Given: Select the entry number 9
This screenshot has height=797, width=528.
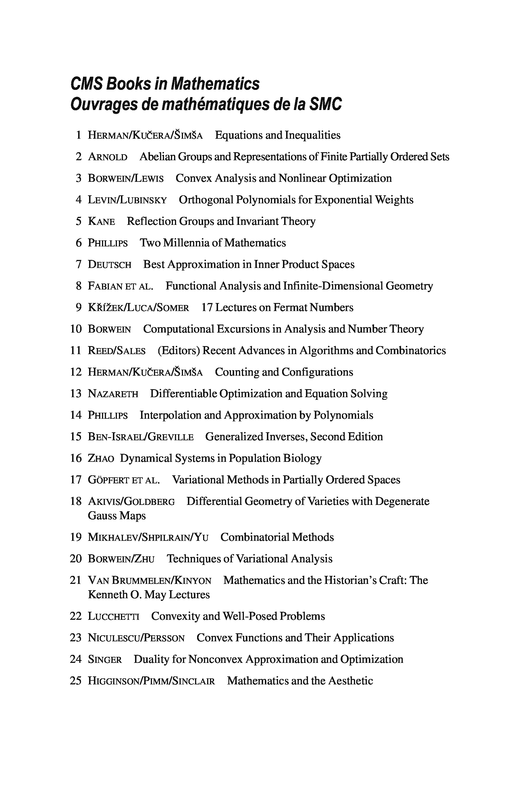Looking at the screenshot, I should (x=78, y=307).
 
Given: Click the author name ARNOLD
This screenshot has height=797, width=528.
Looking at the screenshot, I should (x=108, y=157).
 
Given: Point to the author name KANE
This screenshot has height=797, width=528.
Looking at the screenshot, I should (x=101, y=221).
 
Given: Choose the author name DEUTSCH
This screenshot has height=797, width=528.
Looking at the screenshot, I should (x=109, y=265).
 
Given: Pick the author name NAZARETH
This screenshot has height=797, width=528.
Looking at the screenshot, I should (x=113, y=393).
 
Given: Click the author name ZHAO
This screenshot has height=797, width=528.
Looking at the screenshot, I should (x=101, y=458).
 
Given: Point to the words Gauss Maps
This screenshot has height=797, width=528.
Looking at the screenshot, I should (x=117, y=516).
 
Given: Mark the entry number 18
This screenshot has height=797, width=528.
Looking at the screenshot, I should (x=76, y=501).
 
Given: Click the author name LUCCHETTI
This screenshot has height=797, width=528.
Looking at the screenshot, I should (x=113, y=616).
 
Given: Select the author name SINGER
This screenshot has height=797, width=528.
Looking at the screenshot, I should (x=105, y=659).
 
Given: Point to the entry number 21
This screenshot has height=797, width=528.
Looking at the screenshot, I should (x=76, y=580).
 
